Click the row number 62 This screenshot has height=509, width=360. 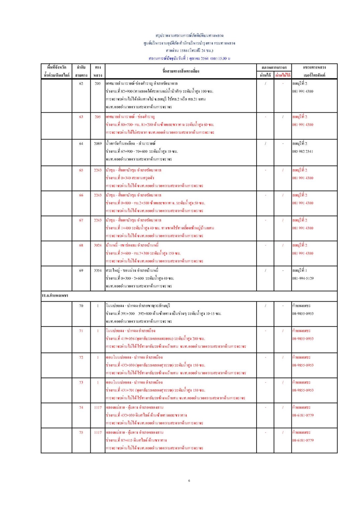tap(81, 83)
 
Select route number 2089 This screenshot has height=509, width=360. tap(98, 143)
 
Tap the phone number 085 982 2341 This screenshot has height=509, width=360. tap(302, 151)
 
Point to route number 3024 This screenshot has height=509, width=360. tap(98, 245)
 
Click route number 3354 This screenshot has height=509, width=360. tap(98, 270)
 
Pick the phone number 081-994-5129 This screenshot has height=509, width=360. tap(303, 278)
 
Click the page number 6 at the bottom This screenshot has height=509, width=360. tap(189, 481)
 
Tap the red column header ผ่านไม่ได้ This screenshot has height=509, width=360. tap(283, 75)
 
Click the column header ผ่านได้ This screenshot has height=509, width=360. tap(265, 75)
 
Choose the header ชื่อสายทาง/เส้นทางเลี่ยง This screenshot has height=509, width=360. tap(181, 71)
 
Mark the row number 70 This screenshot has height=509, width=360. tap(81, 306)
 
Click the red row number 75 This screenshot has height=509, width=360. tap(81, 432)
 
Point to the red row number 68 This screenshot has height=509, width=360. tap(81, 245)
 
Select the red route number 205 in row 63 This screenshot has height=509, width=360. tap(98, 117)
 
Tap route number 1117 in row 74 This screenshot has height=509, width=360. tap(98, 407)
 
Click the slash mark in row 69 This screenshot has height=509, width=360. tap(265, 270)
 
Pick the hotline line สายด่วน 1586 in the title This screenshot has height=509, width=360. tap(189, 50)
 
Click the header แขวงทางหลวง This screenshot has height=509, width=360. tap(314, 67)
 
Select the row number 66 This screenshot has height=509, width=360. tap(81, 195)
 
